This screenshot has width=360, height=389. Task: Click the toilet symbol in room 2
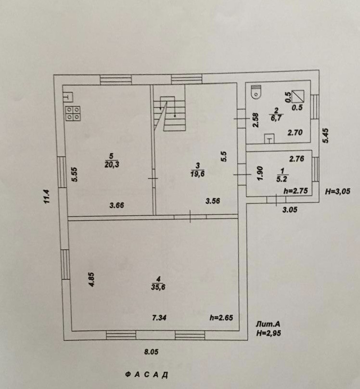point(255,91)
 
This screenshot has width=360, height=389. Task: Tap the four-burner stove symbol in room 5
point(74,113)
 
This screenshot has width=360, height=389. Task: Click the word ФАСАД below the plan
point(146,374)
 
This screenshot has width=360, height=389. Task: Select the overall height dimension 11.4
point(46,197)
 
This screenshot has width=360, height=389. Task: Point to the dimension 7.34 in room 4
point(159,318)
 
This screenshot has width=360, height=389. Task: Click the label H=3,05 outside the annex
point(337,191)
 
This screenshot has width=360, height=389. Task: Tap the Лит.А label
point(268,323)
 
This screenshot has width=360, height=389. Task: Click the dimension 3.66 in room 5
point(117,206)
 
